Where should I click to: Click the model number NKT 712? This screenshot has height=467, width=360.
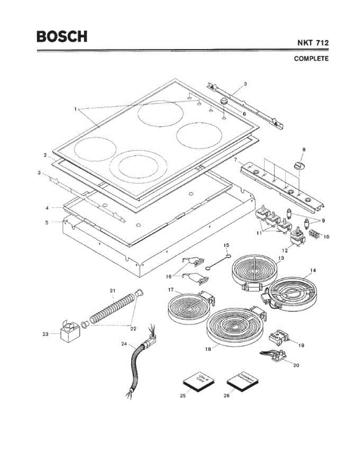click(313, 43)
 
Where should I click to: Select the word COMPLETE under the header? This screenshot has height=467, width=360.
click(311, 59)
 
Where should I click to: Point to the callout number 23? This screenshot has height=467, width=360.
click(46, 334)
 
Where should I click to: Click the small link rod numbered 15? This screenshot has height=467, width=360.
click(218, 261)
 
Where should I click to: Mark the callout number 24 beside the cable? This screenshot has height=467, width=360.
click(124, 344)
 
